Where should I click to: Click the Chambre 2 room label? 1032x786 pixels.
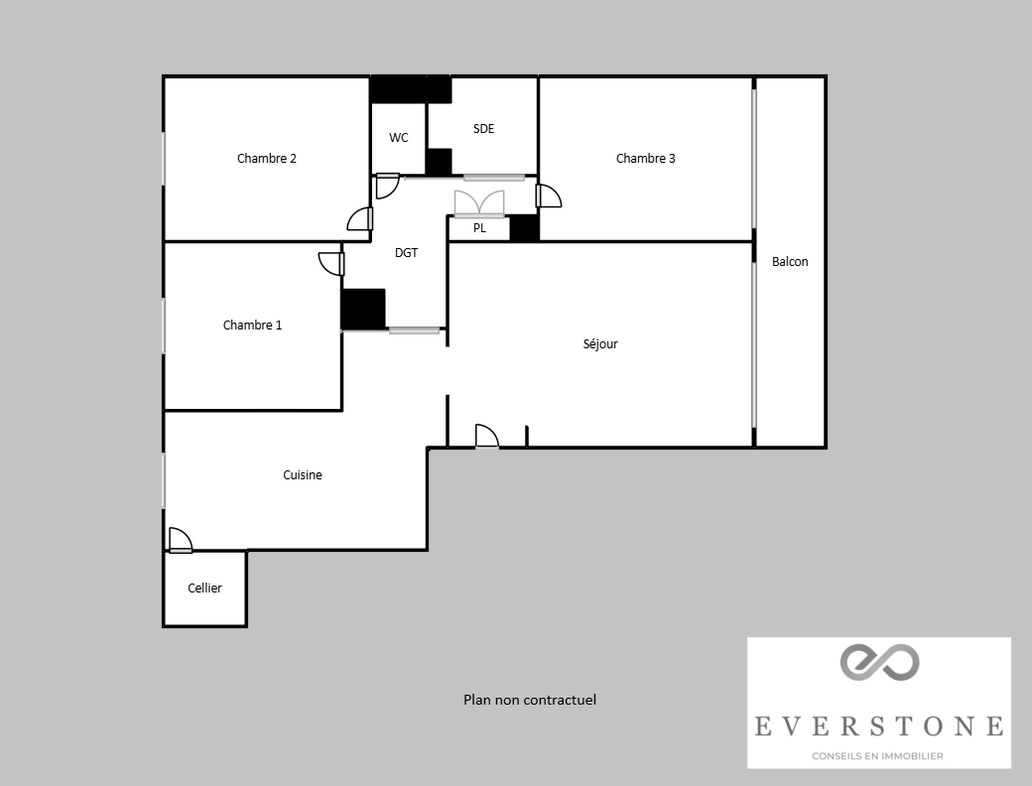click(x=267, y=159)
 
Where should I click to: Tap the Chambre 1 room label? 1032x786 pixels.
click(x=252, y=326)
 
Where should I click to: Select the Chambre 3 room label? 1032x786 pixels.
click(x=645, y=159)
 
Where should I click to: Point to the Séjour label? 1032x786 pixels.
click(x=600, y=344)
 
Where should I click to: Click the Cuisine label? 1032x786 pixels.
click(x=303, y=475)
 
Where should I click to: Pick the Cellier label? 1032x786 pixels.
click(x=204, y=589)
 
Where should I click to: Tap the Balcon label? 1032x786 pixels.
click(x=790, y=262)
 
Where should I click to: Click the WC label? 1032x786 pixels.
click(x=398, y=138)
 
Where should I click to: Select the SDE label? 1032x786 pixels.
click(x=483, y=129)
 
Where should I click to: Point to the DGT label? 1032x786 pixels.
click(x=406, y=253)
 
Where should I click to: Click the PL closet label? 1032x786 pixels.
click(x=479, y=228)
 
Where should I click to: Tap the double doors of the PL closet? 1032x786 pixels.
click(x=479, y=203)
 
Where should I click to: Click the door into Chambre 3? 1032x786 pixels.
click(x=548, y=196)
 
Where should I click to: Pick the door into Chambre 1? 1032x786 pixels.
click(x=331, y=263)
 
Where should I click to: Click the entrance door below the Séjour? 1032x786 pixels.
click(x=486, y=438)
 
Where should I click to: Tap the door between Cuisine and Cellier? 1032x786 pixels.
click(x=180, y=540)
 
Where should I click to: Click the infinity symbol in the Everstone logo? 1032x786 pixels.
click(x=879, y=662)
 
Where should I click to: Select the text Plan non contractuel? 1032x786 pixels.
click(x=530, y=700)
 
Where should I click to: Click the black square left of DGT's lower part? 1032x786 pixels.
click(x=363, y=309)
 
